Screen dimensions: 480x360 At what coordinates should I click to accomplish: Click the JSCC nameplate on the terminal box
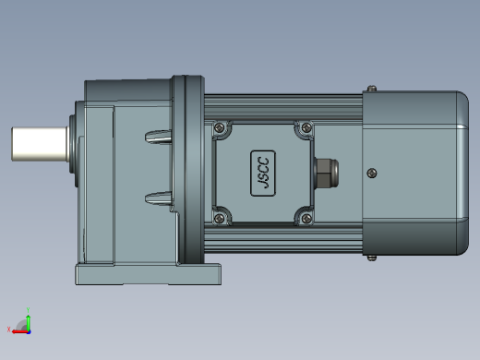(263, 174)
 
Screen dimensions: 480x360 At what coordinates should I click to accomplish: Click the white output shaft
(40, 144)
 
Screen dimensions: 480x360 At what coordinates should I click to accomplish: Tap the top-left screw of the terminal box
(220, 126)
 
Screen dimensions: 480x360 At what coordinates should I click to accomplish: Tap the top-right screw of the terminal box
(306, 126)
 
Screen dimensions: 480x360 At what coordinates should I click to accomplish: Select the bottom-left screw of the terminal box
(220, 219)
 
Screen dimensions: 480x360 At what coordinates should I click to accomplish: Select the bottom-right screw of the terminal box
(306, 219)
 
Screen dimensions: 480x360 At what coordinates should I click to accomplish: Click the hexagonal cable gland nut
(326, 173)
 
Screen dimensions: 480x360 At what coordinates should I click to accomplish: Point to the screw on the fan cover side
(372, 173)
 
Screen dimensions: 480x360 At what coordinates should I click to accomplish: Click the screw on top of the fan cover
(372, 89)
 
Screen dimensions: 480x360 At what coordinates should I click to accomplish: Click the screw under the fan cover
(372, 258)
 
